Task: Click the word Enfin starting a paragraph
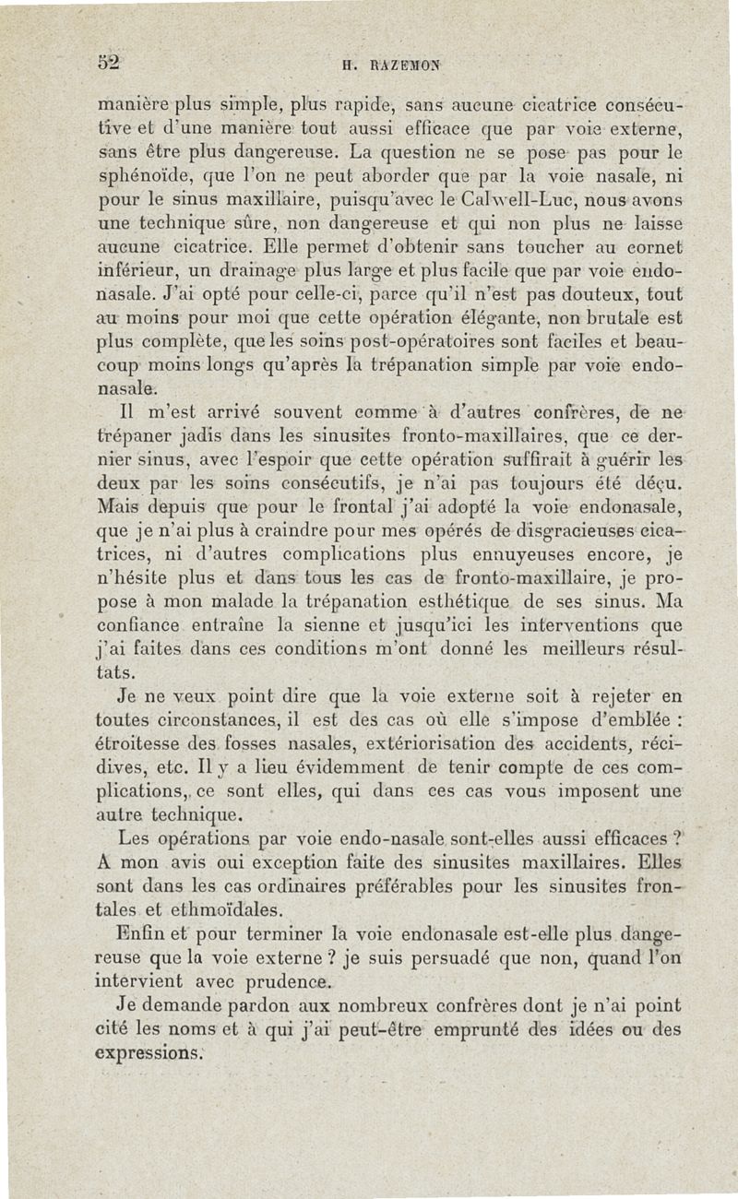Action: point(142,936)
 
